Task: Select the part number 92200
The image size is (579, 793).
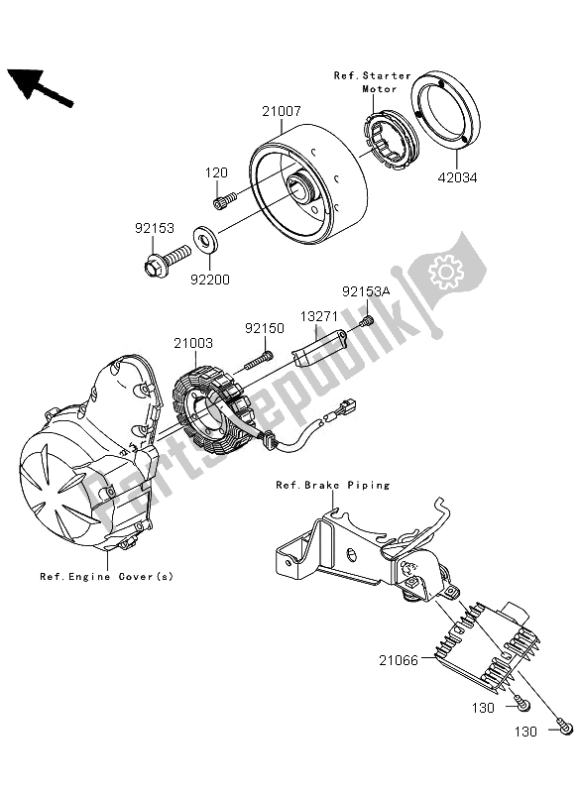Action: point(210,280)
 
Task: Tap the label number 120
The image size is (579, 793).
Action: point(217,172)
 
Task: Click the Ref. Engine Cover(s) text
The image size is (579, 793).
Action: point(105,576)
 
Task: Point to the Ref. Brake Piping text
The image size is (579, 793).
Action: point(332,485)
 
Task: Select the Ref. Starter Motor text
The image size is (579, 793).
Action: point(372,81)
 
